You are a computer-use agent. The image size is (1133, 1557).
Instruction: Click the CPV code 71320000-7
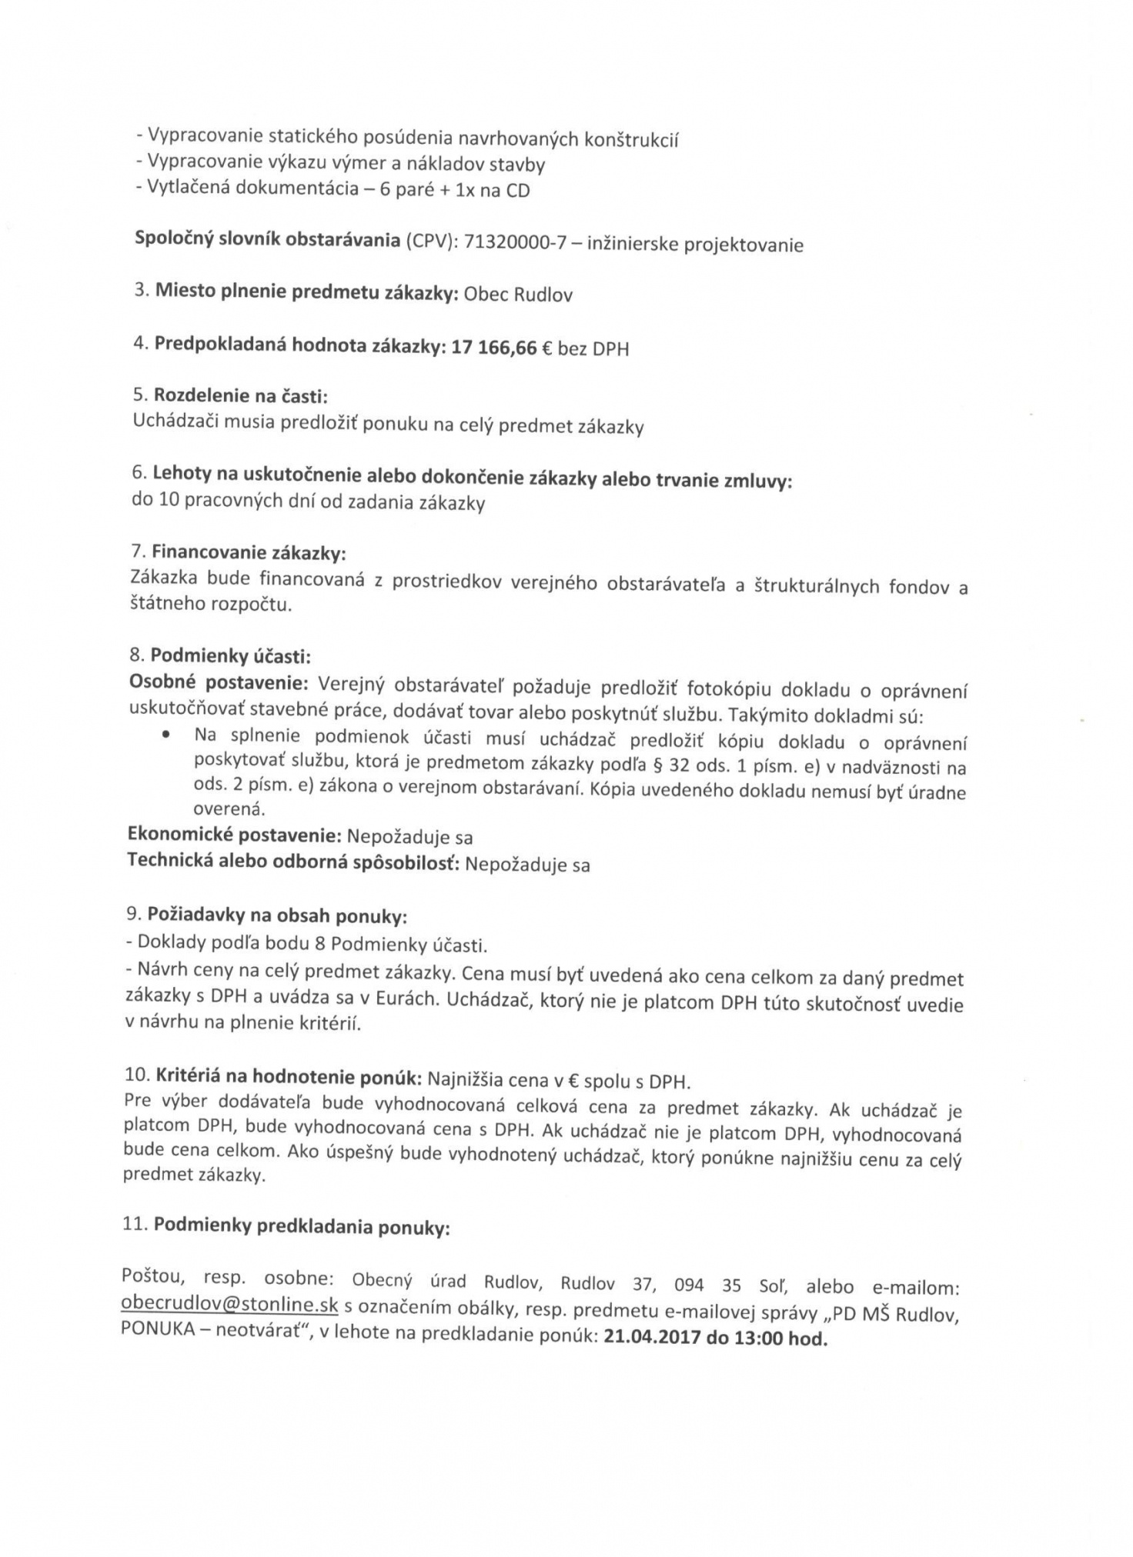pos(515,242)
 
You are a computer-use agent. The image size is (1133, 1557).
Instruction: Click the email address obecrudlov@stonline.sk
pos(229,1305)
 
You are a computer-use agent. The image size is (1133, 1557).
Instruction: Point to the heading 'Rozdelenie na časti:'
pos(241,396)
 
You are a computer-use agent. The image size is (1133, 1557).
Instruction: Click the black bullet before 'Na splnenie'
pos(165,735)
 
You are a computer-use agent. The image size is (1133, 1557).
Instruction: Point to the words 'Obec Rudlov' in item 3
pos(518,295)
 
